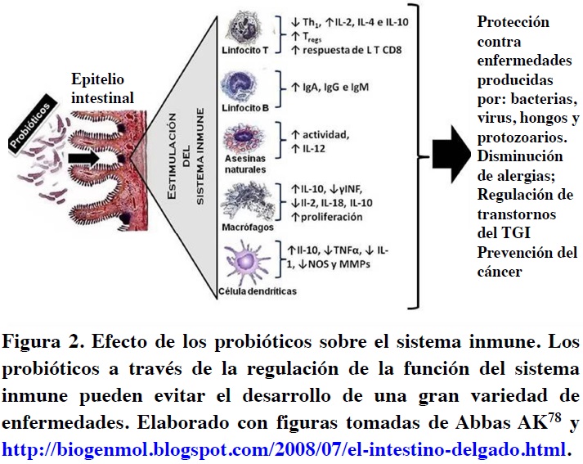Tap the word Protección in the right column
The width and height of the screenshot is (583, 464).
(513, 22)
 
